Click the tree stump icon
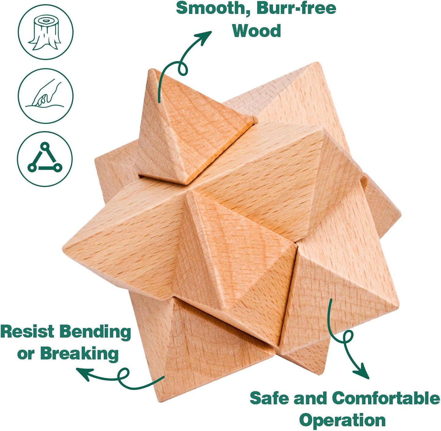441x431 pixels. click(x=45, y=32)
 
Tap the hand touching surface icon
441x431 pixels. click(x=45, y=96)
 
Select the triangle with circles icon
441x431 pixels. click(x=45, y=159)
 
